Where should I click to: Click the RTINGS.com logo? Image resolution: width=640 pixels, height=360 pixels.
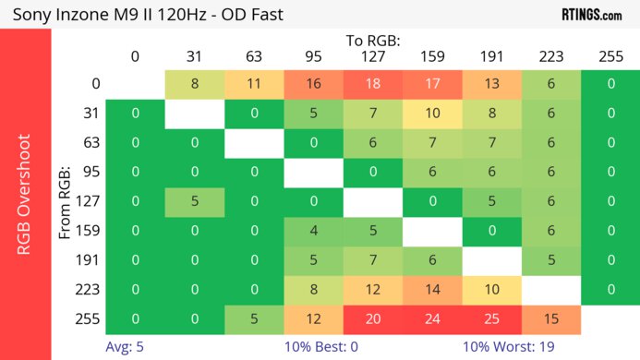591,14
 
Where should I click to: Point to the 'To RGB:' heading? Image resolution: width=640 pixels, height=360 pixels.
373,41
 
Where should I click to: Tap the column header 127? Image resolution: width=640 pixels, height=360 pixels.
373,56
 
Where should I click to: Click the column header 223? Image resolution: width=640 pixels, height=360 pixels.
551,56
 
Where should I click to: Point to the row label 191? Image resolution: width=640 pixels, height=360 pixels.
87,261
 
